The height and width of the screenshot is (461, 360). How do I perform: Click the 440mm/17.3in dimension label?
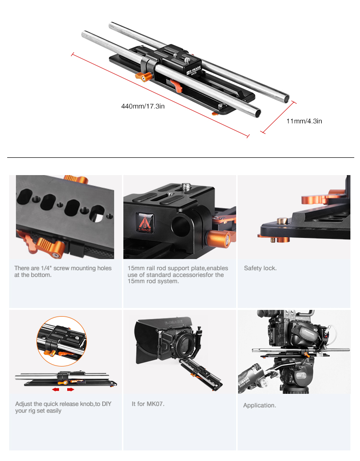[143, 106]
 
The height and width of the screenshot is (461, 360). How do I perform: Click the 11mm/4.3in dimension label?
[304, 121]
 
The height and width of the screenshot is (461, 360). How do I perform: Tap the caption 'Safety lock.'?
[260, 268]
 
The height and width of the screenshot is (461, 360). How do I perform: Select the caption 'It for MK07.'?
[148, 404]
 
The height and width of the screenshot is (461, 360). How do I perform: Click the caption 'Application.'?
[259, 405]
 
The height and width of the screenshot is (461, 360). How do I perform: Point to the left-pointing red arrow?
[56, 390]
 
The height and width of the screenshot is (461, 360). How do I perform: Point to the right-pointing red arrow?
[71, 390]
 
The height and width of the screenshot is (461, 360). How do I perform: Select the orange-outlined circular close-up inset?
[62, 342]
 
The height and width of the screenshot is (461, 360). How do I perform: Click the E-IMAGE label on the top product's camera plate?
[194, 71]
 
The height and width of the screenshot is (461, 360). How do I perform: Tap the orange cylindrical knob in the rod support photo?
[219, 239]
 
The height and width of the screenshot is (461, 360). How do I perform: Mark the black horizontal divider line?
[180, 158]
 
